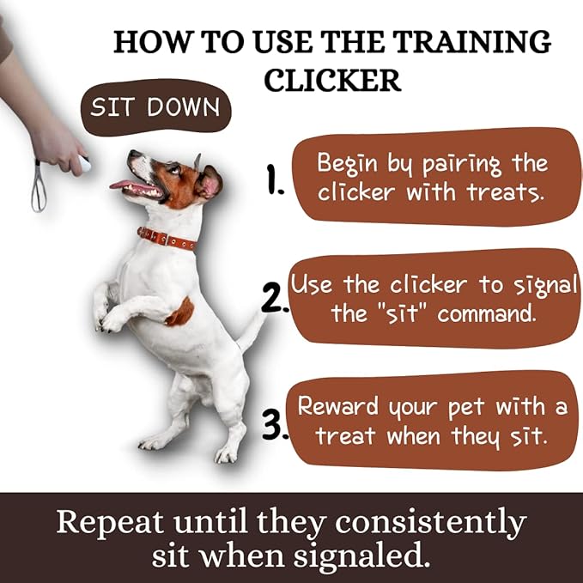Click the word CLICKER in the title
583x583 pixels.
332,80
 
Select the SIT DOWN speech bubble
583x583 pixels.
155,107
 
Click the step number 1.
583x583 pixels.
275,179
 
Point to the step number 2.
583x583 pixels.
274,298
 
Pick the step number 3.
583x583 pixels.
275,424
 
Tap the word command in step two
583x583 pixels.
487,314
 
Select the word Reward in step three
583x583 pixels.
337,405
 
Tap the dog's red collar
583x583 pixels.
167,239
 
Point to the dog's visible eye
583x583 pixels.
174,170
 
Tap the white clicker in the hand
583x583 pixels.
85,164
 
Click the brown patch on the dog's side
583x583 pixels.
180,313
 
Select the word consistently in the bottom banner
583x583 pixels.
430,523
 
